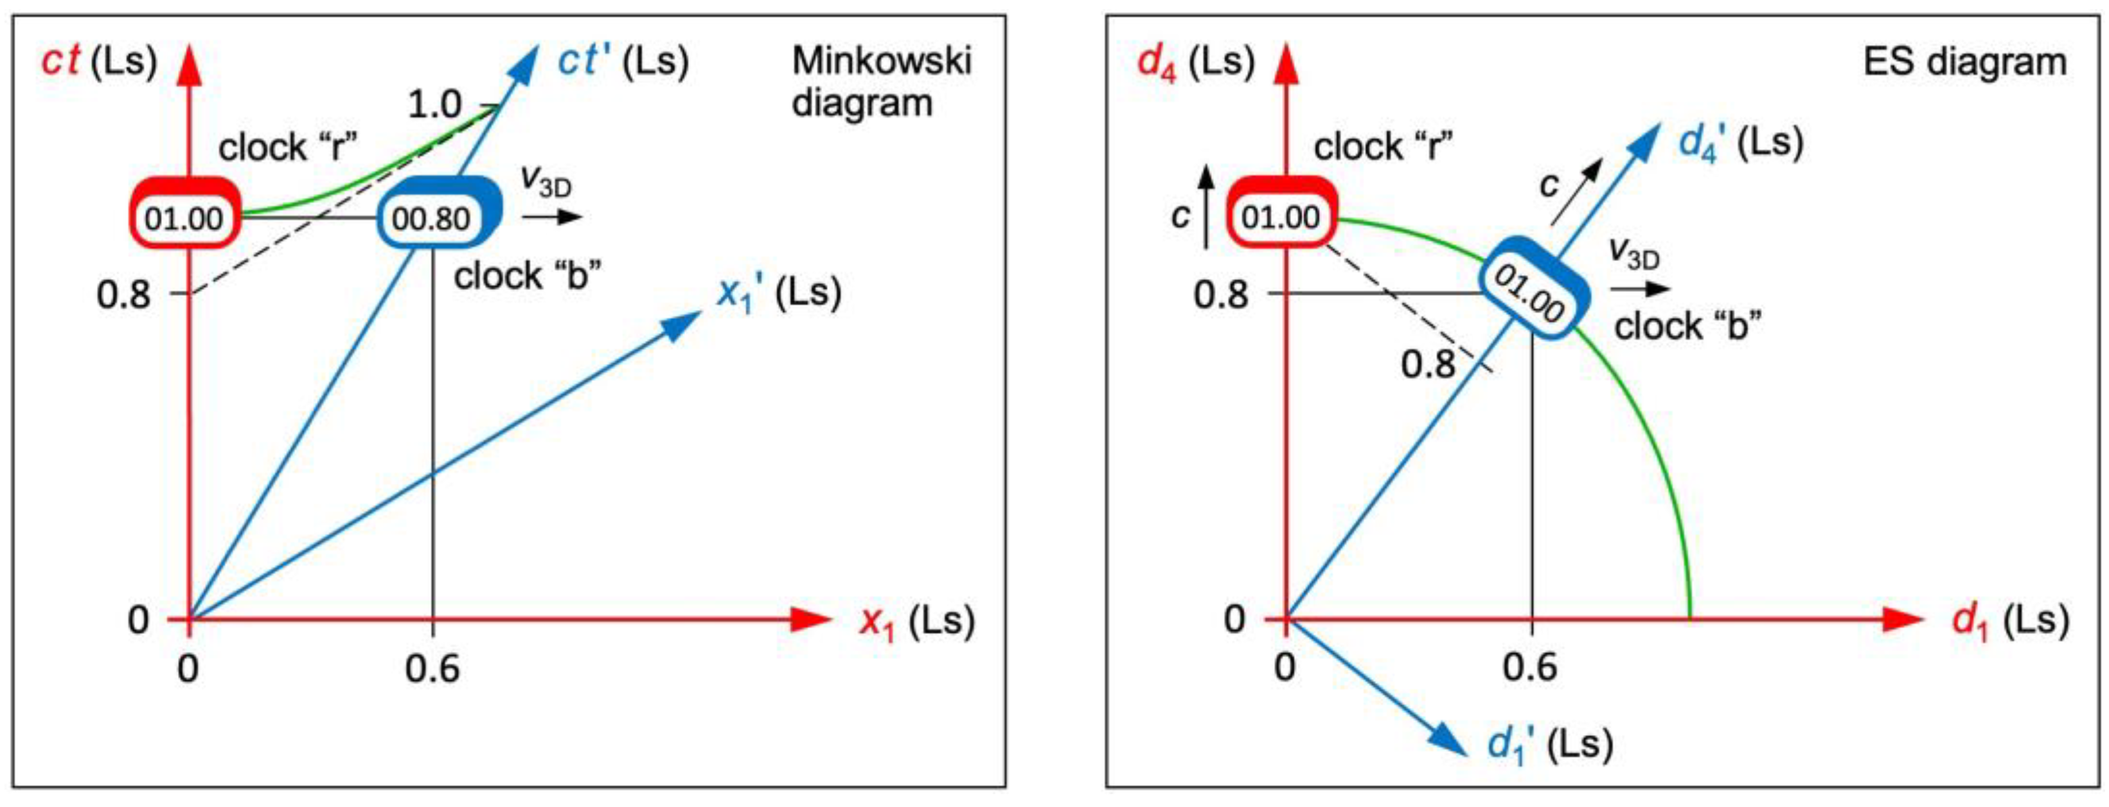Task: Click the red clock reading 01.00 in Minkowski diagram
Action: coord(184,217)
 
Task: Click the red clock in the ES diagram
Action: coord(1281,217)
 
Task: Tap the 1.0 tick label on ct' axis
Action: coord(435,105)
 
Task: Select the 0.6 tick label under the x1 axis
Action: coord(432,669)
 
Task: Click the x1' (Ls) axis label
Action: coord(778,293)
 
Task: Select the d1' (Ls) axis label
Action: coord(1549,745)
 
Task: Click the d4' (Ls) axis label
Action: coord(1740,143)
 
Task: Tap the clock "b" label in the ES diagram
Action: coord(1687,326)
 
